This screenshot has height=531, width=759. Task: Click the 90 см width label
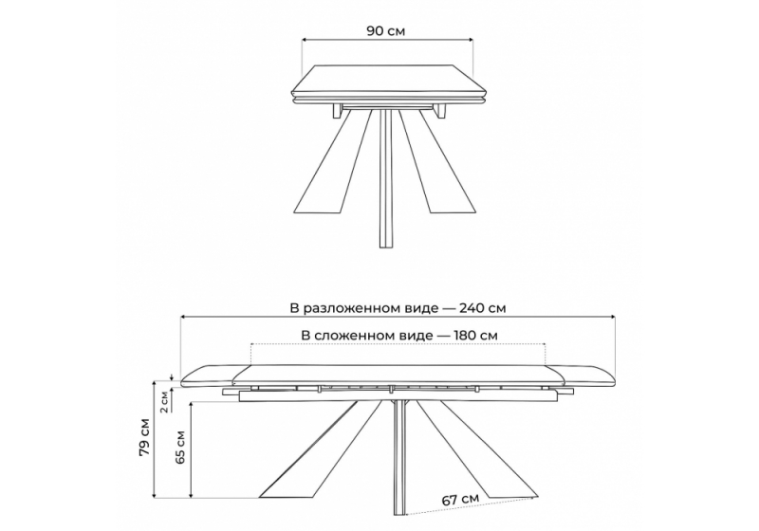click(386, 31)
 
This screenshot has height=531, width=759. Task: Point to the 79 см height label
click(145, 436)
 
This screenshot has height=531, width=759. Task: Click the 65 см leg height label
click(180, 448)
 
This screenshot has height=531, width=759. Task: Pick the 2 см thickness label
click(164, 401)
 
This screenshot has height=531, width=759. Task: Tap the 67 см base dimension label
click(460, 499)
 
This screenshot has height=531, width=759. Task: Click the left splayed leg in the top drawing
click(333, 162)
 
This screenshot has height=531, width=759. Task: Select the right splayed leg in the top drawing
click(436, 162)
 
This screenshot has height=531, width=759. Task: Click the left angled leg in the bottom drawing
click(322, 449)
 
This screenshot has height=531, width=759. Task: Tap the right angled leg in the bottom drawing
click(476, 449)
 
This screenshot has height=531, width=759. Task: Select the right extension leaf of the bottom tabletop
click(581, 375)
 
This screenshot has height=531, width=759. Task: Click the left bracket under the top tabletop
click(338, 111)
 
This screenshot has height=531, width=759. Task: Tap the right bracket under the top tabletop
click(440, 111)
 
